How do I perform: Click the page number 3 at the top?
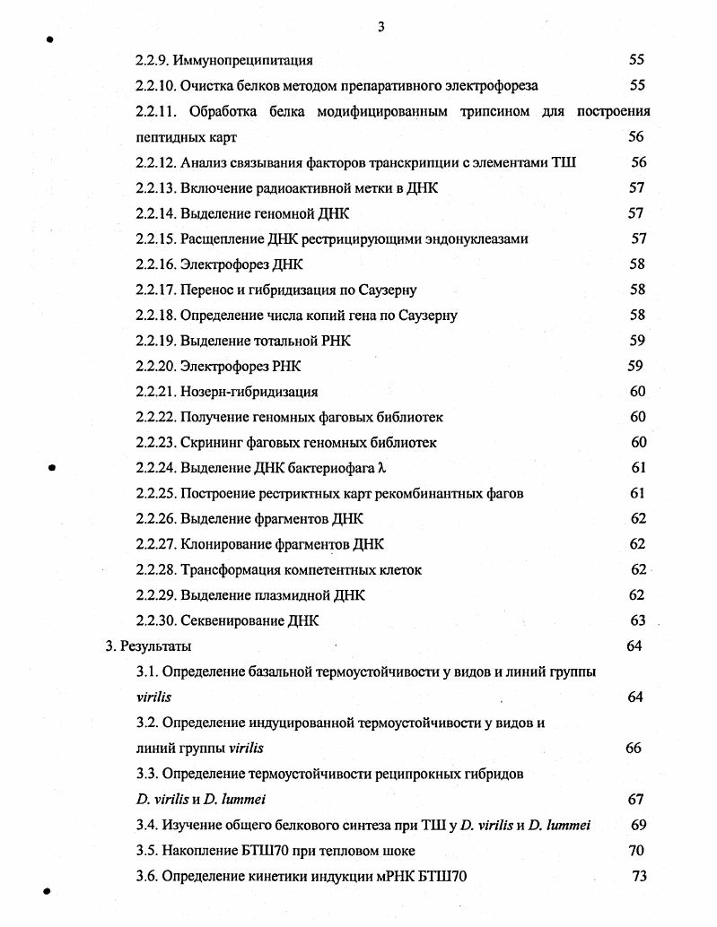(x=380, y=27)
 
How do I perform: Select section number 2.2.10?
(x=155, y=86)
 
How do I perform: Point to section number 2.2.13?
(x=155, y=188)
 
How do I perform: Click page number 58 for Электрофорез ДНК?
(x=637, y=264)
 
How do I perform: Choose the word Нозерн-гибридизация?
(x=249, y=392)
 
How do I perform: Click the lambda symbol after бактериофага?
(x=381, y=468)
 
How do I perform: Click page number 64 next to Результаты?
(x=634, y=646)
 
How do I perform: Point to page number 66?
(x=634, y=749)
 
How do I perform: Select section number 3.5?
(x=147, y=851)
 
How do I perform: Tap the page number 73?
(x=639, y=877)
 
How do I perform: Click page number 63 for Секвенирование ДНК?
(x=638, y=620)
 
